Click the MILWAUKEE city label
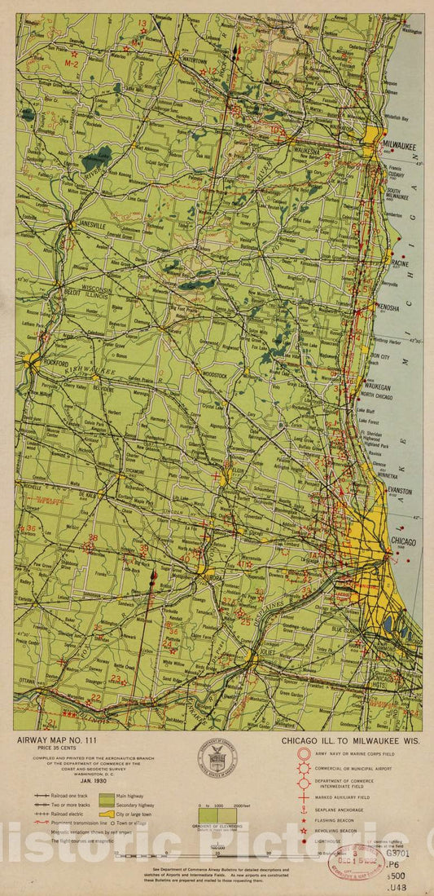pos(401,146)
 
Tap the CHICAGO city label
pos(404,541)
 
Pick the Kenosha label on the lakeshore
pos(389,307)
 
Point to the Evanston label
pos(400,492)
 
